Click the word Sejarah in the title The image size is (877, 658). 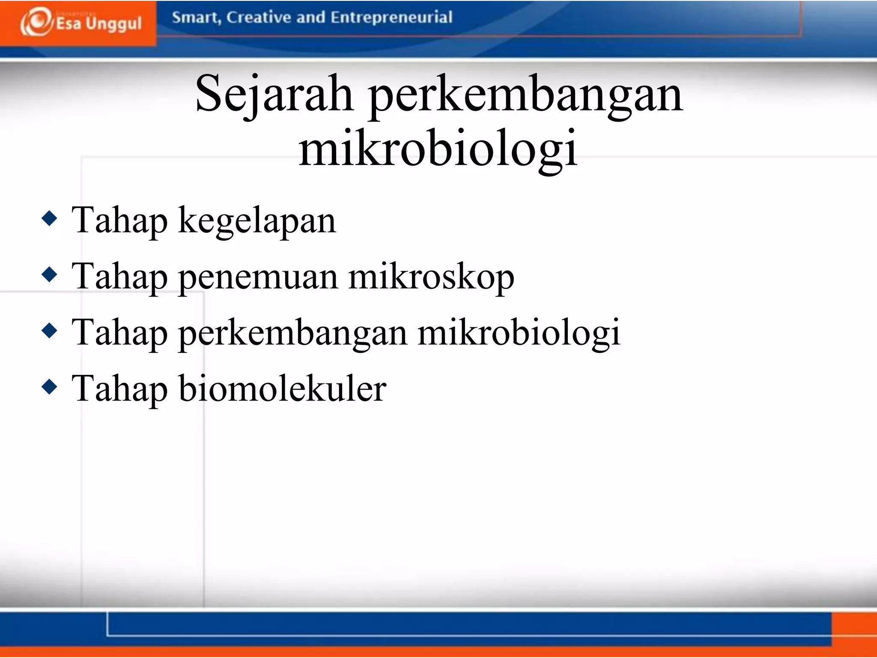pos(274,94)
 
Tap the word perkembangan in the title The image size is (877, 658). pos(525,95)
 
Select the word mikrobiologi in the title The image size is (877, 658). pos(438,149)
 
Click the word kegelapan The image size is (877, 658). pos(257,221)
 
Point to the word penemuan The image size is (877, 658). pos(257,278)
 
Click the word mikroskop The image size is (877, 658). pos(431,278)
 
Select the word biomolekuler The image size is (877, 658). pos(283,389)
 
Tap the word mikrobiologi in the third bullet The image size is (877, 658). pos(519,333)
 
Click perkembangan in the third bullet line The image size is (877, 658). pos(292,333)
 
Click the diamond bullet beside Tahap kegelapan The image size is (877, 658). pos(50,218)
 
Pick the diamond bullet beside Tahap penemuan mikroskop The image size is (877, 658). pos(50,275)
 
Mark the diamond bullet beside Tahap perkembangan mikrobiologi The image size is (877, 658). pos(50,330)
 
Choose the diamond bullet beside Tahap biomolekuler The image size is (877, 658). pos(50,386)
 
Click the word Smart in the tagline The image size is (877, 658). pos(196,18)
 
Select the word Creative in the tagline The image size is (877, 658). pos(258,18)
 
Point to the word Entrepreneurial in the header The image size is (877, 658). pos(391,18)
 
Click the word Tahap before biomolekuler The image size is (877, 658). pos(119,389)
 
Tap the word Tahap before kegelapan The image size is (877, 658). pos(119,221)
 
